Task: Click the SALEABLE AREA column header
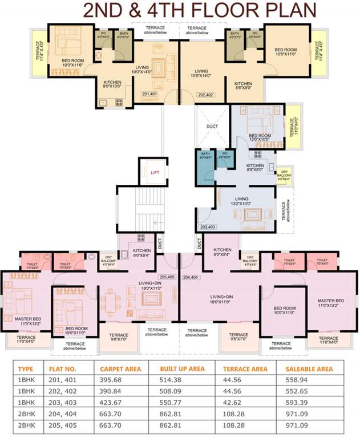pos(308,368)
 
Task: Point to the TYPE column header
pos(25,368)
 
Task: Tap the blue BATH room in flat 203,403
pos(205,165)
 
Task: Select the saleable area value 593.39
pos(297,402)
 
